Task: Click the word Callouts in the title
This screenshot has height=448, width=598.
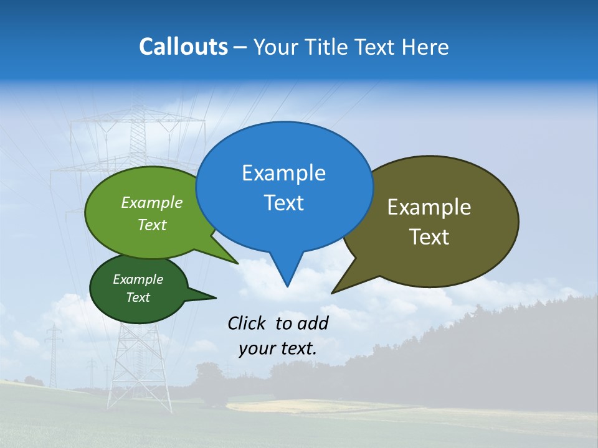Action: [x=183, y=47]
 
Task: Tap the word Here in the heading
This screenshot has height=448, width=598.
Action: [x=425, y=47]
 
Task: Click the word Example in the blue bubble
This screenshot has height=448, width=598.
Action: [x=283, y=173]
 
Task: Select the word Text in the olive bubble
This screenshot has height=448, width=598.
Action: [x=429, y=237]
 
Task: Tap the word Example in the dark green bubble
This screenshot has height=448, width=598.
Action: [x=138, y=279]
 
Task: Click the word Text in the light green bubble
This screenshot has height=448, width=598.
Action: [x=152, y=225]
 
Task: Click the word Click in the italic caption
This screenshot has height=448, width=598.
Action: [x=247, y=323]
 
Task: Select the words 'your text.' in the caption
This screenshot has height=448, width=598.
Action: [x=278, y=348]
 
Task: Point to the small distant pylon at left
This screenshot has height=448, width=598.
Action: [x=54, y=355]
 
